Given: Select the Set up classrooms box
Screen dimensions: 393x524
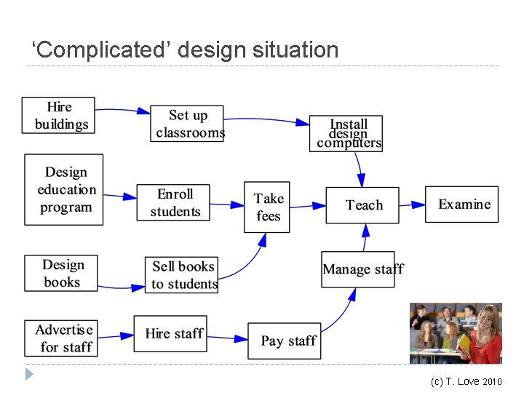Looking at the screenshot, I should click(187, 123).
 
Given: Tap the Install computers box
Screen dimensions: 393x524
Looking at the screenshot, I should click(347, 134).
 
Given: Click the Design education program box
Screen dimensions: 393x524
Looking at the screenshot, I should click(64, 189).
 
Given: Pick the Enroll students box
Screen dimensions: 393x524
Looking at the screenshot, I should click(174, 202).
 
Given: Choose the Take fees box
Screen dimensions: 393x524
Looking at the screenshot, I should click(267, 207).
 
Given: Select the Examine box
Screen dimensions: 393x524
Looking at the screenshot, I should click(462, 205).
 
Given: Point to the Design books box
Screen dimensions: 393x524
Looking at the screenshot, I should click(61, 273).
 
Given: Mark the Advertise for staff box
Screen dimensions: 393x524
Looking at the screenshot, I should click(64, 338).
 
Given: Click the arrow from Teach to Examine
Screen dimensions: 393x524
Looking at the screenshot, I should click(412, 205).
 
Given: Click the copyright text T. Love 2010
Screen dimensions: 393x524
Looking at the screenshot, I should click(466, 381).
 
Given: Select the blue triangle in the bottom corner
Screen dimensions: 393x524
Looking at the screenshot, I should click(29, 375).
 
